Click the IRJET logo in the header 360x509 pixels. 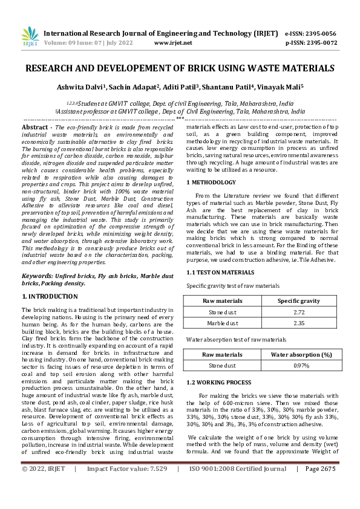pos(30,37)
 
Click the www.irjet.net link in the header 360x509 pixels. pos(174,43)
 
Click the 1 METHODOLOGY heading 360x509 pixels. pos(211,182)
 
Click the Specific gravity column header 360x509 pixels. pos(298,300)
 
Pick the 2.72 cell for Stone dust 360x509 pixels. pos(298,312)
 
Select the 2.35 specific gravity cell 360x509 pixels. pos(298,323)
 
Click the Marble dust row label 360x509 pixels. pos(223,323)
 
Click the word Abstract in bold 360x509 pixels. pos(34,128)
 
